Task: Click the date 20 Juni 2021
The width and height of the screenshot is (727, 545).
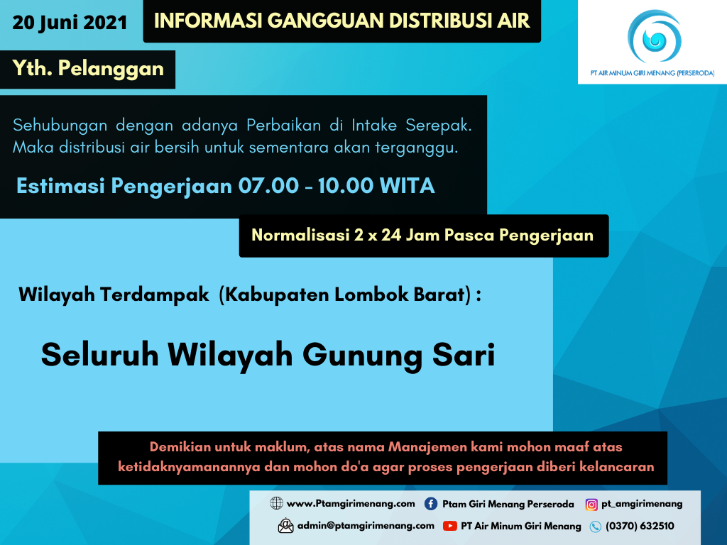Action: (70, 23)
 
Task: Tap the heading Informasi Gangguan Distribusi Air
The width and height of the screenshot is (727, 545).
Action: (341, 21)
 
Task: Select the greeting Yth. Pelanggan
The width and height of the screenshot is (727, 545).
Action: (88, 68)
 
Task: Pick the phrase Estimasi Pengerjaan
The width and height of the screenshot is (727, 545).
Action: (124, 186)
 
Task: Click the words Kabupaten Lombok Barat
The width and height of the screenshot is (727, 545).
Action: (344, 294)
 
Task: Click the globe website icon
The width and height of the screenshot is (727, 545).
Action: (277, 504)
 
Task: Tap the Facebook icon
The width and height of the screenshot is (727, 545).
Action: (431, 504)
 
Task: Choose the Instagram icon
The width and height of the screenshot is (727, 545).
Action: (591, 505)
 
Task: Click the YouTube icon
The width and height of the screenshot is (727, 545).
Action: (449, 526)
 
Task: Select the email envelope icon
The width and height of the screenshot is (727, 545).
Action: (285, 526)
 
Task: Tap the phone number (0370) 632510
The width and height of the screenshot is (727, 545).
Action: (640, 526)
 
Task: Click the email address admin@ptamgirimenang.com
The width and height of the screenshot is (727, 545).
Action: (366, 526)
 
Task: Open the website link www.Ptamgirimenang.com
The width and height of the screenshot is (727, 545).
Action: (351, 504)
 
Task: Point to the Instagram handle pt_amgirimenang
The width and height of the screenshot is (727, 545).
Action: (642, 504)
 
